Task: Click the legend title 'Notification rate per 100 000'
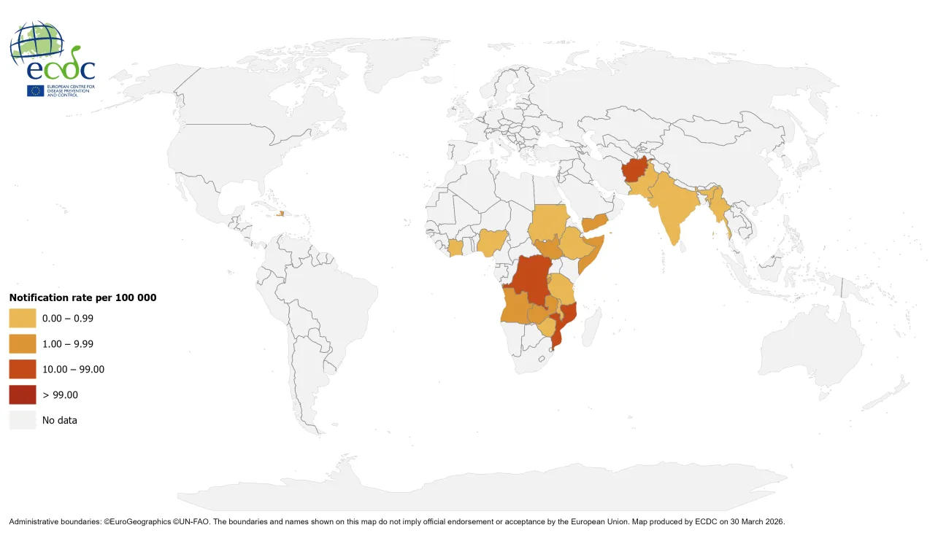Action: click(82, 297)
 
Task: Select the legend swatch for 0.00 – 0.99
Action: click(23, 318)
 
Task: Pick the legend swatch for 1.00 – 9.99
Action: click(23, 343)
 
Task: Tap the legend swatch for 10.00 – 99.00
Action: click(23, 369)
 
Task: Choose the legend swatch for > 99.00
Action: click(23, 394)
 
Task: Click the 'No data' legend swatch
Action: click(23, 420)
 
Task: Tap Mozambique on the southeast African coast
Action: click(566, 321)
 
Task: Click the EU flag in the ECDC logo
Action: click(35, 90)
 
